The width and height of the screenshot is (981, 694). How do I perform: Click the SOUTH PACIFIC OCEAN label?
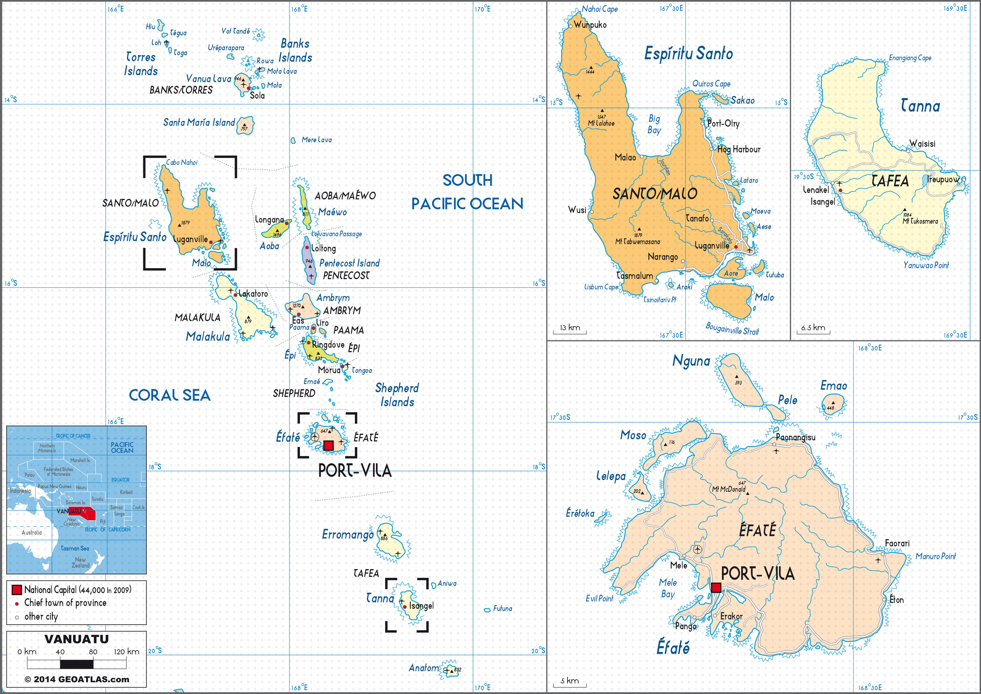coord(467,192)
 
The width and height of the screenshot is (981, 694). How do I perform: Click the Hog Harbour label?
coord(739,149)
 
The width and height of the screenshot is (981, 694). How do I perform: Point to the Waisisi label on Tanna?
coord(922,144)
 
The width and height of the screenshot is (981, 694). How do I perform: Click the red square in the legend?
coord(17,590)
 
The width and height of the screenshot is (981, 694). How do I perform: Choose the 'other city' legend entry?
coord(41,616)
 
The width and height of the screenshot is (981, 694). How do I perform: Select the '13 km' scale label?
coord(570,328)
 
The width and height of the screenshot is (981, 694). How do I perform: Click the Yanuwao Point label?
coord(926,265)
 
